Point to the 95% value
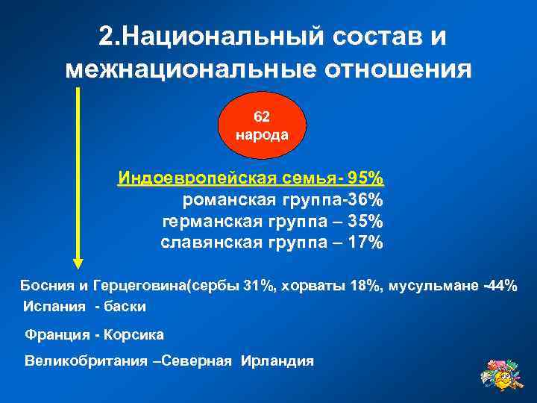[367, 178]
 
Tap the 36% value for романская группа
[367, 200]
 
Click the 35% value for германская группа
[367, 222]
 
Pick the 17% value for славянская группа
[367, 243]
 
